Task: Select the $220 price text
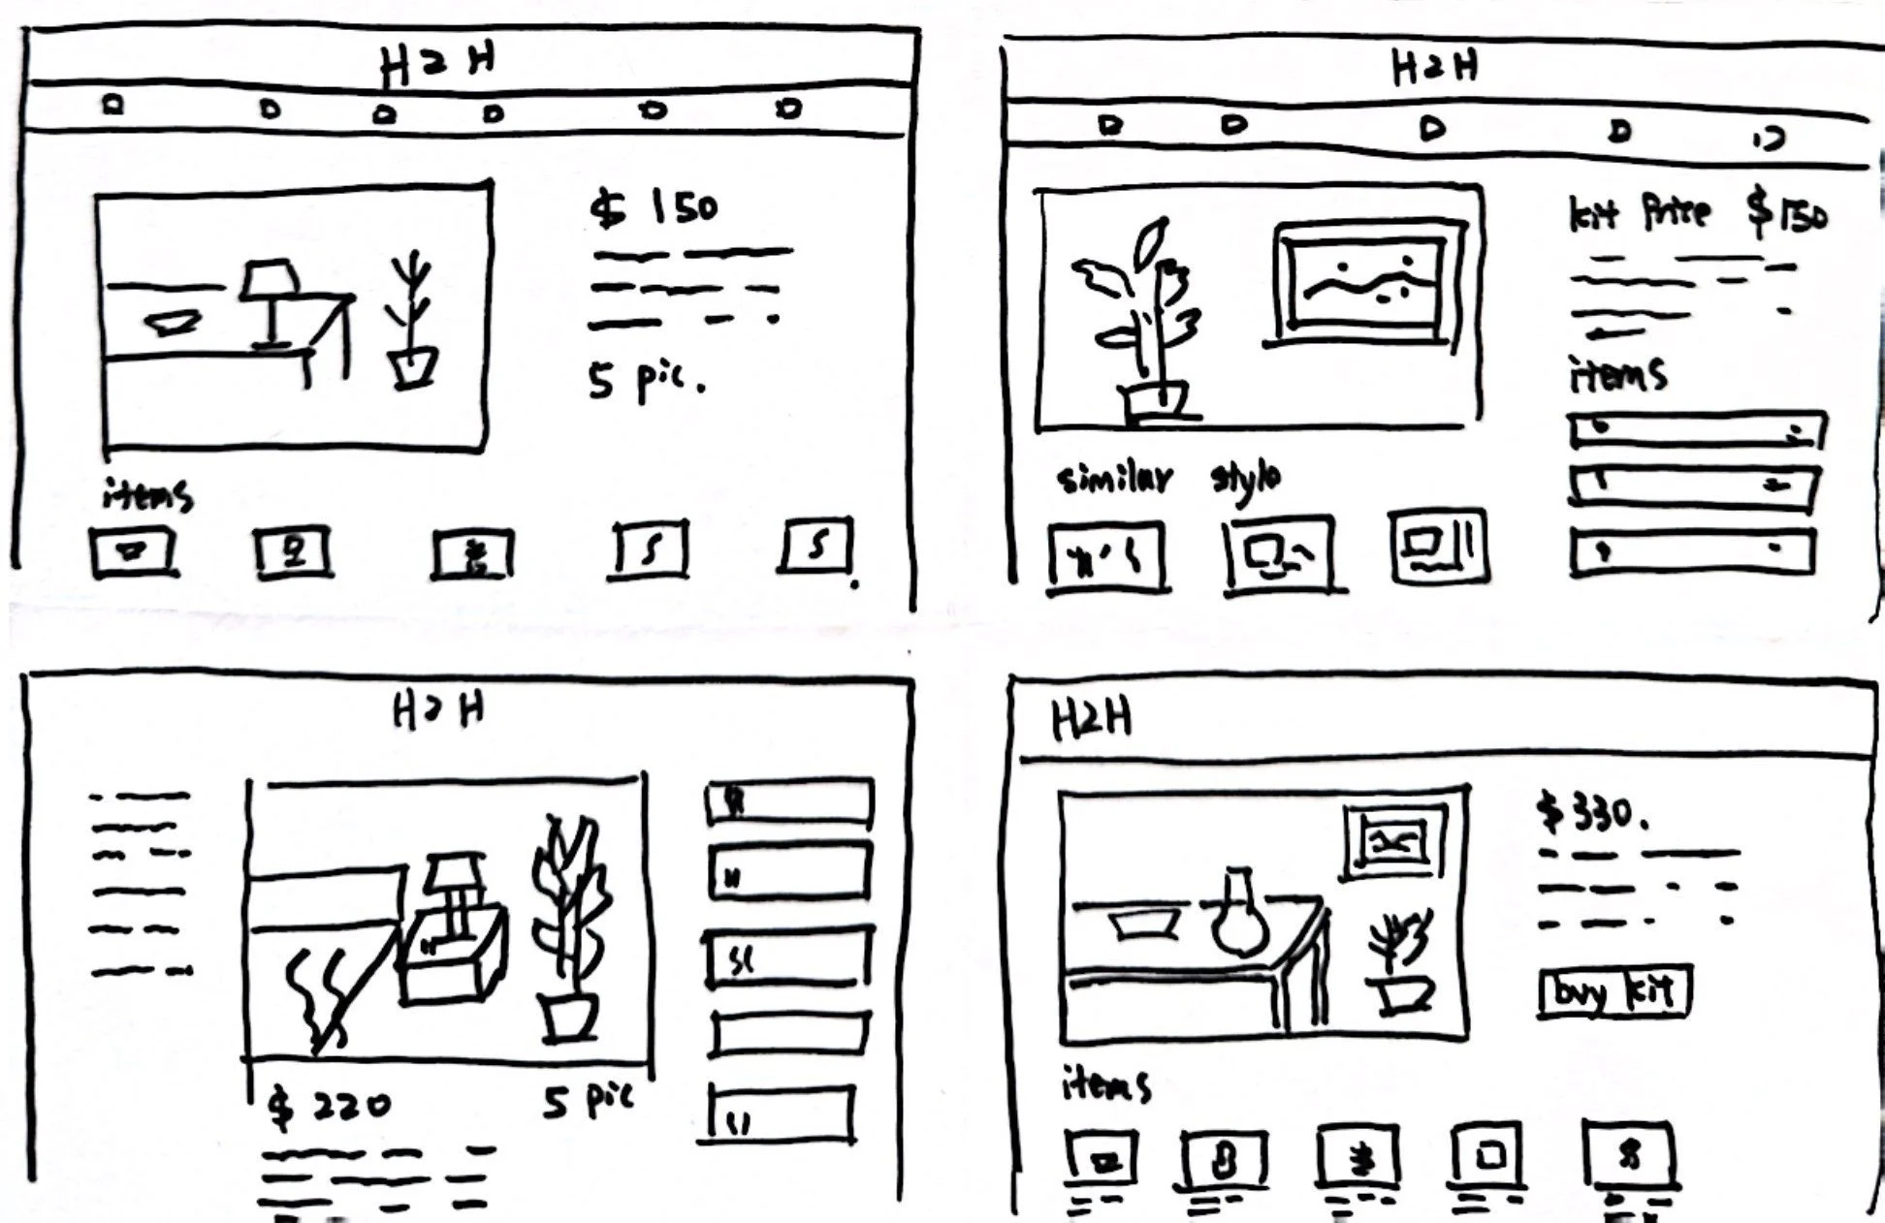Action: click(x=330, y=1105)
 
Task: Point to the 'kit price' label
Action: click(x=1639, y=213)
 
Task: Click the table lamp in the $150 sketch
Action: click(x=270, y=300)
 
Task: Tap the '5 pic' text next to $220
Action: click(x=587, y=1100)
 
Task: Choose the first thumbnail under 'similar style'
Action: click(x=1107, y=557)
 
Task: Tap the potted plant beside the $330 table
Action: click(x=1396, y=964)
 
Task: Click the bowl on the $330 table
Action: click(x=1144, y=923)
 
